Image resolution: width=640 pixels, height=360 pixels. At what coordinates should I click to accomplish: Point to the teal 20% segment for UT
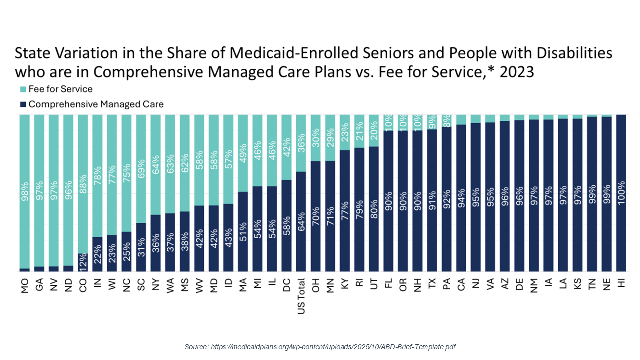tap(374, 131)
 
